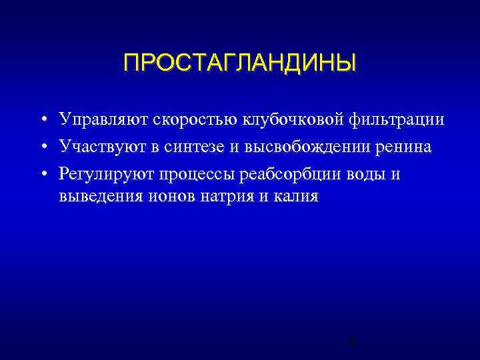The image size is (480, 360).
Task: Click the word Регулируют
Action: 107,173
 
